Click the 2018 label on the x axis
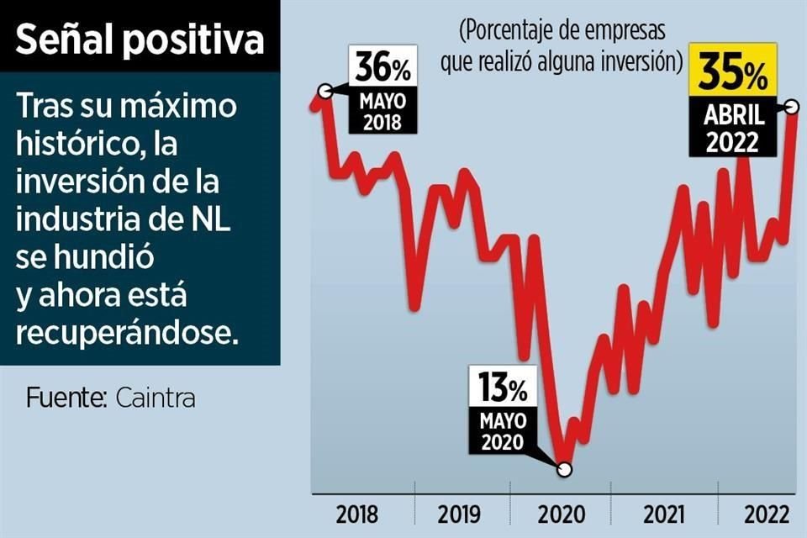point(357,514)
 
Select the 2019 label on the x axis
point(459,514)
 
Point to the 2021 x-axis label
point(664,514)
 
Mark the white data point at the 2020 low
point(564,470)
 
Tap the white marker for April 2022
point(791,107)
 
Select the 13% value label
point(504,389)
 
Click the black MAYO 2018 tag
point(382,112)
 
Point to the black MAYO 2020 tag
point(504,430)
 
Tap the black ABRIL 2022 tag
point(732,128)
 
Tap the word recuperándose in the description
point(127,333)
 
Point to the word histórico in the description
point(75,145)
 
